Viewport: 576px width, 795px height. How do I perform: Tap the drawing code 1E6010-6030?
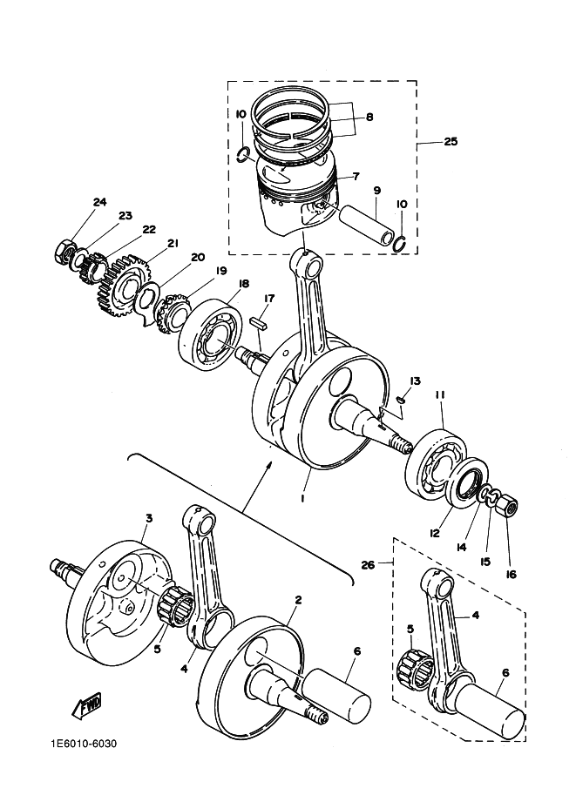coord(84,744)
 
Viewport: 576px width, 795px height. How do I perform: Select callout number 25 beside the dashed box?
coord(451,141)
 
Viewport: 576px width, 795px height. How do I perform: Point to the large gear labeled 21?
coord(122,286)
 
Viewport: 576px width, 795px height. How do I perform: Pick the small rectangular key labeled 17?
coord(258,322)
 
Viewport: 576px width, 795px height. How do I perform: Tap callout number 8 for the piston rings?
coord(369,118)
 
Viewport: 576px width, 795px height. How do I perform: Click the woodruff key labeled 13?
coord(402,400)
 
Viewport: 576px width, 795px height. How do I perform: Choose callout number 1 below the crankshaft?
coord(302,499)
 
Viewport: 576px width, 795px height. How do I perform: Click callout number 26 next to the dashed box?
coord(368,564)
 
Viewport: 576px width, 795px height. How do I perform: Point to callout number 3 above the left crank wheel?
coord(149,518)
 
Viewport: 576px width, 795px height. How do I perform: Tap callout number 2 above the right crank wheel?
coord(298,600)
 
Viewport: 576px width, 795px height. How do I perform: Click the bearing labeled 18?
coord(207,335)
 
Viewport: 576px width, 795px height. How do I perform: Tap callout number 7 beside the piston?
coord(356,177)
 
